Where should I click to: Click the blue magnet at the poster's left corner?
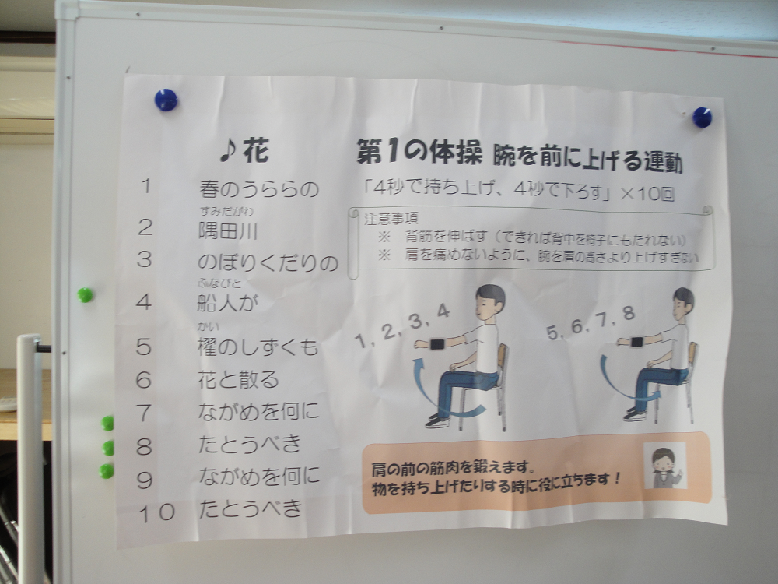coord(166,100)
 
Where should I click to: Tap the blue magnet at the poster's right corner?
coord(702,118)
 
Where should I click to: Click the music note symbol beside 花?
coord(229,150)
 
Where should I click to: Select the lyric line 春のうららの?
coord(258,189)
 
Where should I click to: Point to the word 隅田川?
coord(228,231)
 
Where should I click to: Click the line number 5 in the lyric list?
coord(143,347)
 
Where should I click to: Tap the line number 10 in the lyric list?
coord(157,512)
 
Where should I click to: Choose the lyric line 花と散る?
coord(238,380)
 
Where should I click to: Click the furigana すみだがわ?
coord(226,212)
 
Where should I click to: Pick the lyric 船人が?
coord(228,302)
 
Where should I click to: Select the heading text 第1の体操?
coord(419,152)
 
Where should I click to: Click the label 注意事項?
coord(391,219)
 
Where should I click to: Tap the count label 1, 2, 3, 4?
coord(402,326)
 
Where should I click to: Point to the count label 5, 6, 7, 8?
coord(591,323)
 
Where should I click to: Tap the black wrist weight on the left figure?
coord(436,343)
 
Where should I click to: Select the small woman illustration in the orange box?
coord(665,466)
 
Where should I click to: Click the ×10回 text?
coord(647,193)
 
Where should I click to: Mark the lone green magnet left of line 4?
coord(85,295)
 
